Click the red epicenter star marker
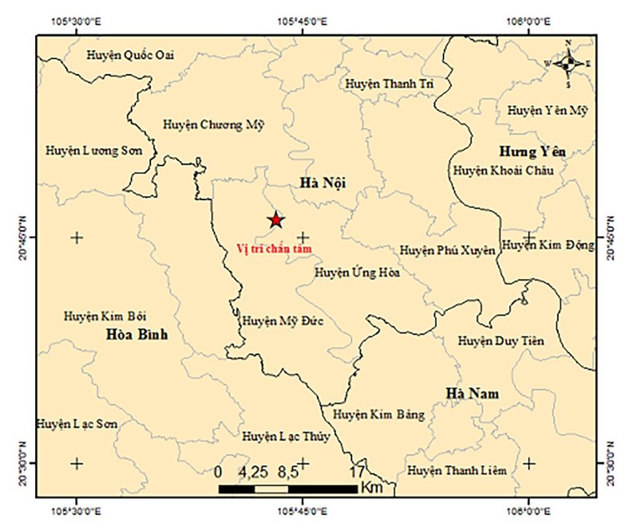tap(276, 220)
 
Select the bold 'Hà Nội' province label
tap(323, 183)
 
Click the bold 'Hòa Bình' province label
tap(137, 334)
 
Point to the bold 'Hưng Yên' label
tap(532, 152)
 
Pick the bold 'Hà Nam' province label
tap(472, 393)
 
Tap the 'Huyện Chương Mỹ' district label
tap(214, 124)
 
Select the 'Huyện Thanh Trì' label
tap(389, 84)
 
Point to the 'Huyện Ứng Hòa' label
tap(357, 273)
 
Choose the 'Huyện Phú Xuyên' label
tap(448, 250)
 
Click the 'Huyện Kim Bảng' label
tap(379, 414)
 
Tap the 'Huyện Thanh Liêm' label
tap(457, 470)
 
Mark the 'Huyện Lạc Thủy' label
tap(286, 436)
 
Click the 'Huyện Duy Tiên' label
tap(501, 341)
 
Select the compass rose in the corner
tap(568, 63)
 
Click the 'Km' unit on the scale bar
tap(369, 488)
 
